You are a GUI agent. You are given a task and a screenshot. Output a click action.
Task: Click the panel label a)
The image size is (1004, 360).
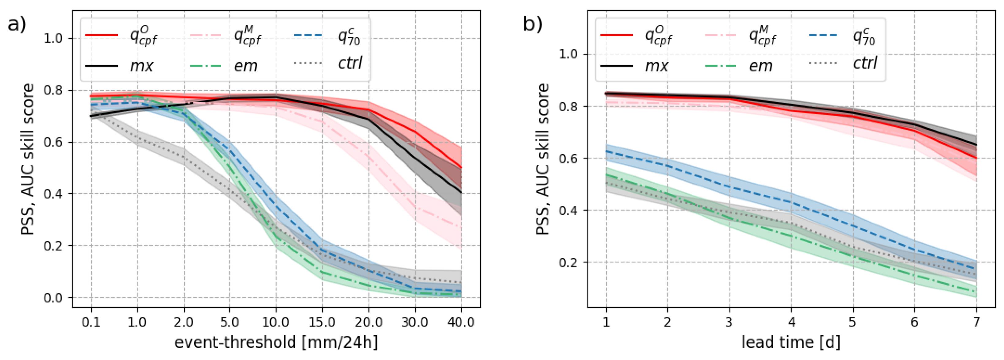point(17,24)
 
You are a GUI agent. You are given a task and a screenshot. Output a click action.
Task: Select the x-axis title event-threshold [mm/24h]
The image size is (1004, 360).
point(276,343)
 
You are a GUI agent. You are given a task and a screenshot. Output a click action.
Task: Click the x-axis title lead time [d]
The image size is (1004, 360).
point(791,343)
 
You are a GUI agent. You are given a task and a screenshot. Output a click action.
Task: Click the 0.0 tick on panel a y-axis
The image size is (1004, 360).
point(53,298)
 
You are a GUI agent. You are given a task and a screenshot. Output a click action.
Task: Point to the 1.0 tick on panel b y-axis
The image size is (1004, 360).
point(568,54)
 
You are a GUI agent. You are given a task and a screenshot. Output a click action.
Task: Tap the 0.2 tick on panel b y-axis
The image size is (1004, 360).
point(568,262)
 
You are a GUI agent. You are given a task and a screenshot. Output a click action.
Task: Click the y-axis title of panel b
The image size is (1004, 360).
point(543,159)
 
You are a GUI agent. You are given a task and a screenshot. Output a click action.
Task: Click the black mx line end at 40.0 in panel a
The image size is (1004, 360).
point(461,192)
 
